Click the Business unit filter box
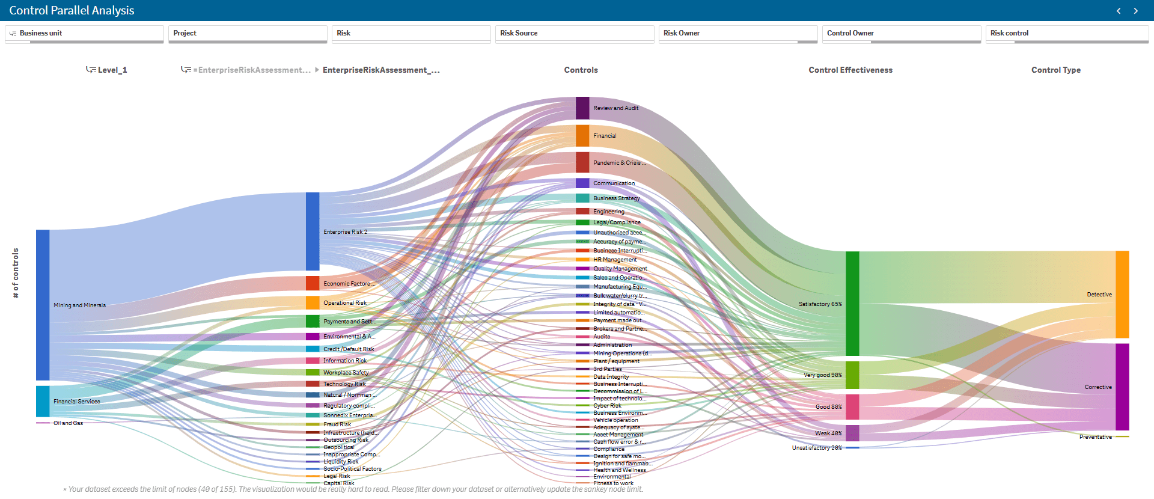84,33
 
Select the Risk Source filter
574,33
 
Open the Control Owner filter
901,33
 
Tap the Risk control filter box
1066,33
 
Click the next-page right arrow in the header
1135,11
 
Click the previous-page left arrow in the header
1119,11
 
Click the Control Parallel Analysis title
72,10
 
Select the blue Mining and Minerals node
43,305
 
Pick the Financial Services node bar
43,401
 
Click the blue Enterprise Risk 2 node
313,231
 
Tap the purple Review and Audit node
582,108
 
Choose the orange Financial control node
582,136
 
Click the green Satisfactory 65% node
852,304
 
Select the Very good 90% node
852,375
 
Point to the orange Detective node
1122,295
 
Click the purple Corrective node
1122,387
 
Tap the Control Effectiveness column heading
850,70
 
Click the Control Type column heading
1056,70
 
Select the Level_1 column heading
112,70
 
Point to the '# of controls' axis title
16,273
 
